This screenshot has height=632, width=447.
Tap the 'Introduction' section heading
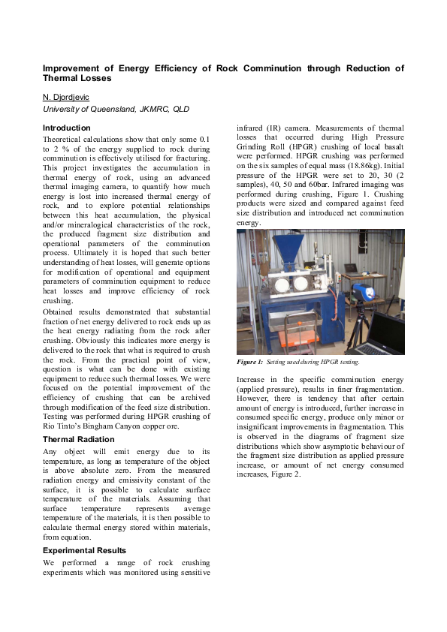tap(67, 128)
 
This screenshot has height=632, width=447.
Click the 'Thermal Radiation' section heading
tap(78, 439)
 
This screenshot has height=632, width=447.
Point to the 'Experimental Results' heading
tap(86, 550)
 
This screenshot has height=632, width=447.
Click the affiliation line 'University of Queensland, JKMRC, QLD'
tap(116, 110)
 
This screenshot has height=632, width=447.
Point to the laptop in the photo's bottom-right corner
tap(388, 335)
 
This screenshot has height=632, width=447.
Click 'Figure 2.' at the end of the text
tap(285, 474)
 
